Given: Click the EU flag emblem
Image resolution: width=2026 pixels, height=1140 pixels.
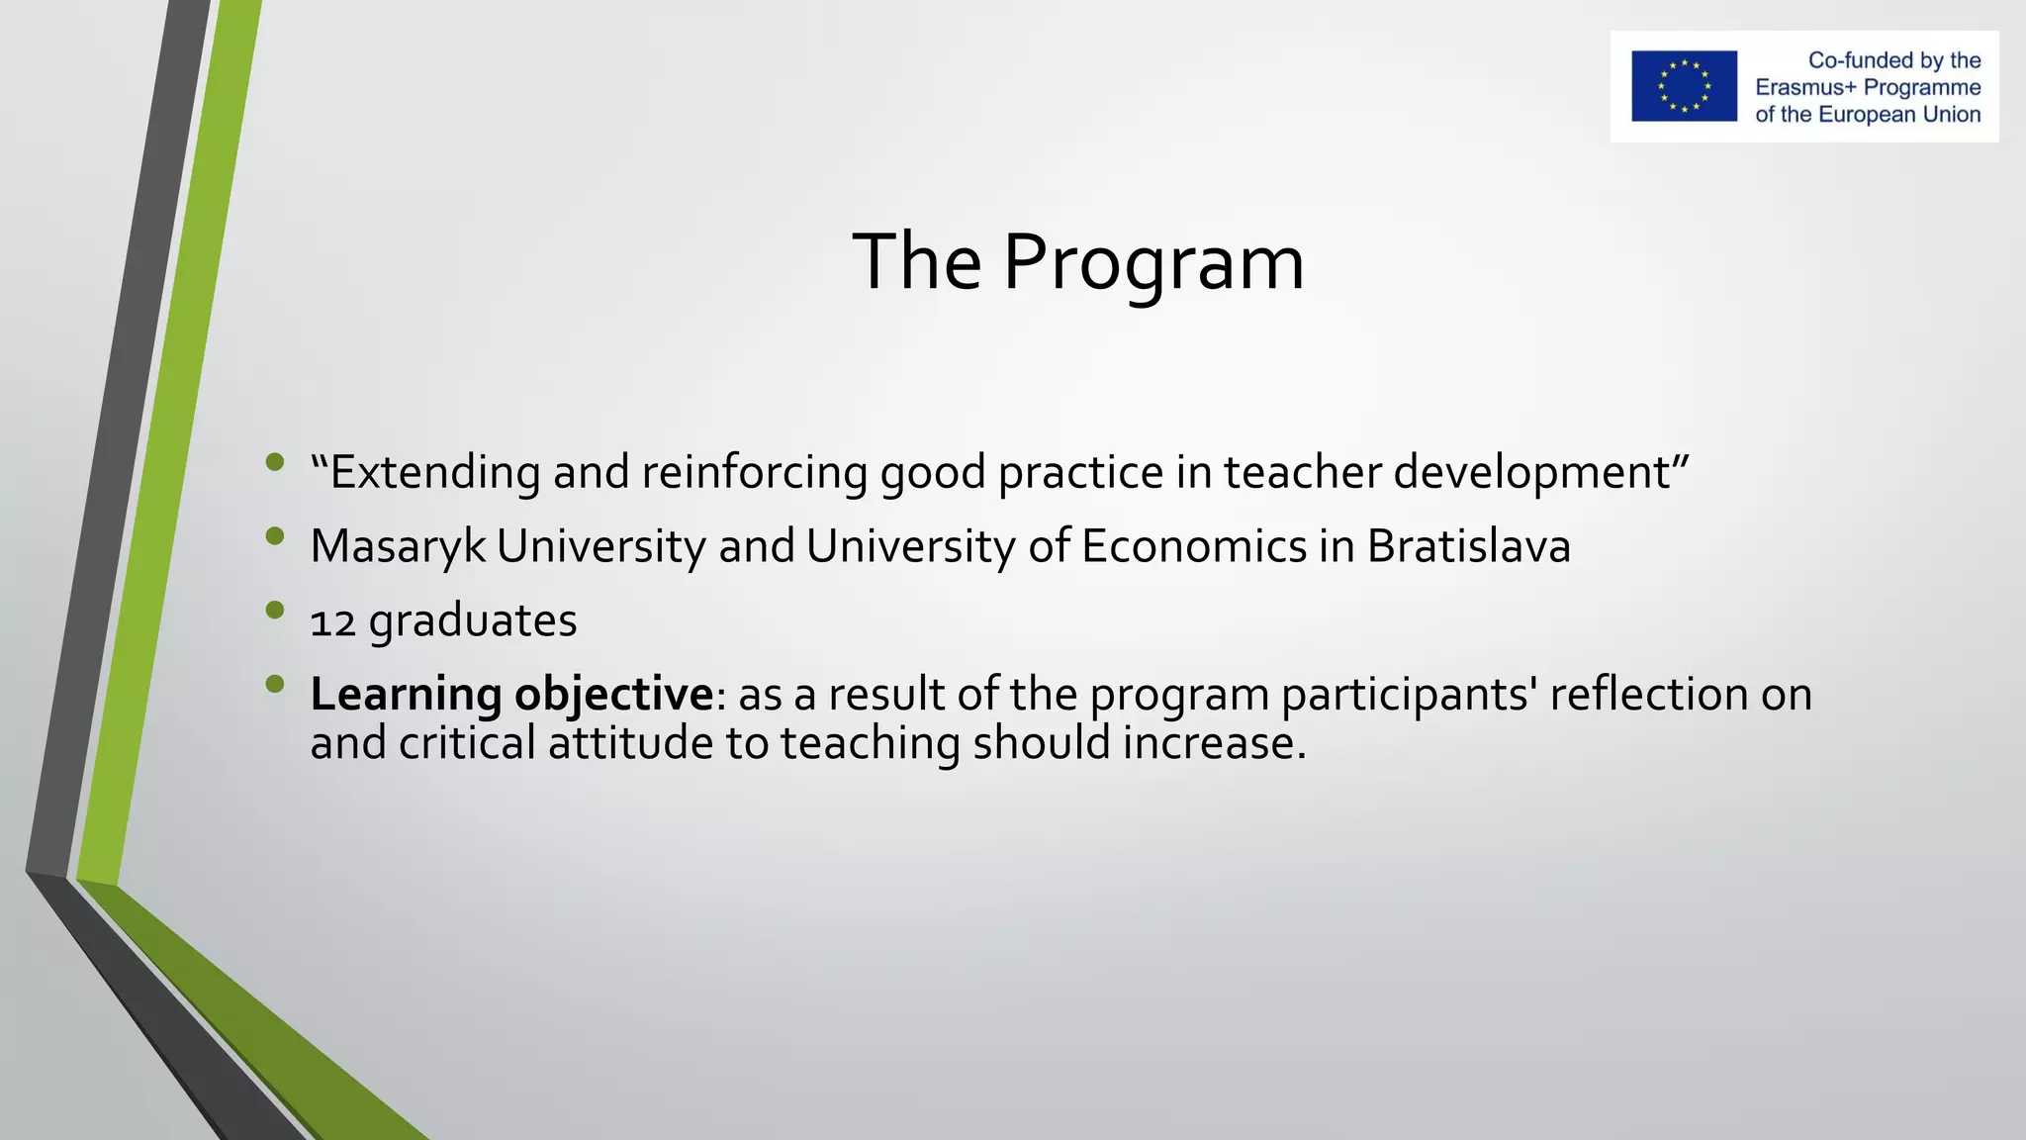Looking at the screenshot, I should (1684, 86).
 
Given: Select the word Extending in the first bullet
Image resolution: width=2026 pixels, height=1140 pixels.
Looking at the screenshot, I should (434, 472).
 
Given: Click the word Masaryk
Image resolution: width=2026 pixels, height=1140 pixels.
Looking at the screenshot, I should (398, 546).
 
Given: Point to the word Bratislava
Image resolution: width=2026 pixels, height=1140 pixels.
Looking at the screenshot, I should (1468, 546).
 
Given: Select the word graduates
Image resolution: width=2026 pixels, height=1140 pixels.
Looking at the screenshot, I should (473, 621).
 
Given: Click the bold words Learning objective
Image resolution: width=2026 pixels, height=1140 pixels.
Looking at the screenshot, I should (510, 694).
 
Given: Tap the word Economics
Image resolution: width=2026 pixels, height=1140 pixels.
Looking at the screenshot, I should (1193, 546).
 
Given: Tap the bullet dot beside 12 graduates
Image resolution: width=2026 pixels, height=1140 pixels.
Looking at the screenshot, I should (275, 611).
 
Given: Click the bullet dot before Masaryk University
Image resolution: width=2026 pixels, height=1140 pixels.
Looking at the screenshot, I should (275, 536).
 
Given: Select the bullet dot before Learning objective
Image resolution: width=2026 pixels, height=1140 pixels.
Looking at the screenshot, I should (275, 684).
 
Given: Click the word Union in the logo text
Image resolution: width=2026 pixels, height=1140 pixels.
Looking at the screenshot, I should (1952, 115).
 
